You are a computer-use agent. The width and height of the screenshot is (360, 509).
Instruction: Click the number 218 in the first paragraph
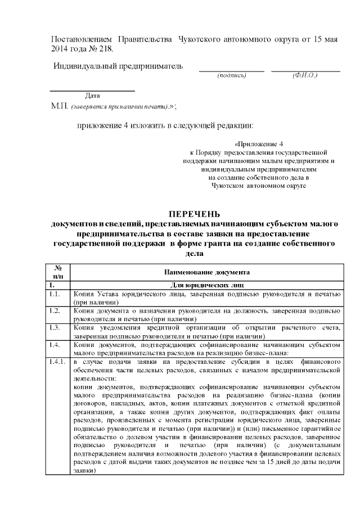pos(105,49)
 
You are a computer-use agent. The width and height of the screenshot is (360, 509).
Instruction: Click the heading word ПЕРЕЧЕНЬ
pos(193,214)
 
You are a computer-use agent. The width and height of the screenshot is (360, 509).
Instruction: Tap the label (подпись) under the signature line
pos(231,75)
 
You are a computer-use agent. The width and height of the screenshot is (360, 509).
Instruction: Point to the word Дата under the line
pos(92,95)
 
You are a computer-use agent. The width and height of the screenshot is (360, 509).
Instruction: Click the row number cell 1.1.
pos(55,294)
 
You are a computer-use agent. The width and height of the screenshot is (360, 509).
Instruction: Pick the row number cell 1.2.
pos(55,310)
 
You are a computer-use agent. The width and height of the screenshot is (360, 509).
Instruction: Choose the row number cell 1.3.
pos(55,327)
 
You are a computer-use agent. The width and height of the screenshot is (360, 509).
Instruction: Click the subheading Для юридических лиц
pos(207,285)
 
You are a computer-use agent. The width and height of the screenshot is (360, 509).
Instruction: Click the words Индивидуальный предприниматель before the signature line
pos(118,66)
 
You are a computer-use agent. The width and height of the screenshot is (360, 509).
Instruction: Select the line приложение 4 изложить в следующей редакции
pos(165,125)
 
